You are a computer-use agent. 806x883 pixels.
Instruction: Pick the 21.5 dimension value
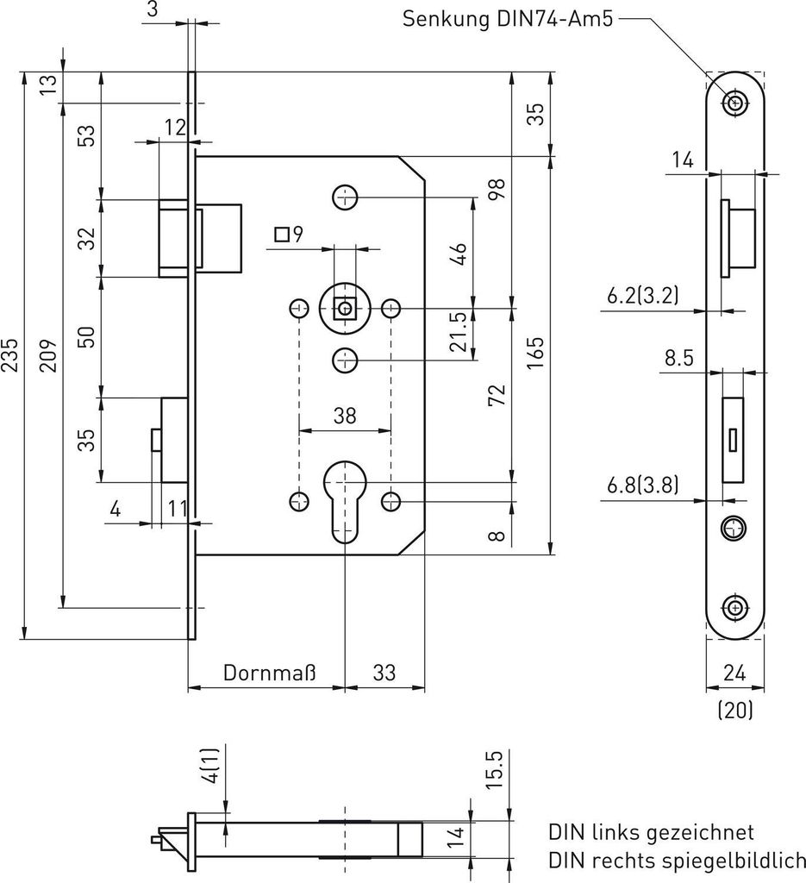click(458, 332)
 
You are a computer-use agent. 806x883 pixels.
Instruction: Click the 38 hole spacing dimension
click(345, 416)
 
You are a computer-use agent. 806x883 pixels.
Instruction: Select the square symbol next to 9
click(280, 233)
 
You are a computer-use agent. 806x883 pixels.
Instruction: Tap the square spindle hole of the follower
click(346, 308)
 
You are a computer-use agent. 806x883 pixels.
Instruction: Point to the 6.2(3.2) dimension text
click(641, 295)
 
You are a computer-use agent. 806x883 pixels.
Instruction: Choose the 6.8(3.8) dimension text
click(641, 485)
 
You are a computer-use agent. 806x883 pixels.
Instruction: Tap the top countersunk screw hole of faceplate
click(735, 103)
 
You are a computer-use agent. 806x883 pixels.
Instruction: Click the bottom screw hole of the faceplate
click(735, 607)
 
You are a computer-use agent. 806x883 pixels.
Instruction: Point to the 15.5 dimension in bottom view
click(494, 769)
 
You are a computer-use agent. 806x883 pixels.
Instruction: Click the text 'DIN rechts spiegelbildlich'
click(677, 860)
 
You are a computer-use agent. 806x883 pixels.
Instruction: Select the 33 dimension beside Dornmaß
click(384, 673)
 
